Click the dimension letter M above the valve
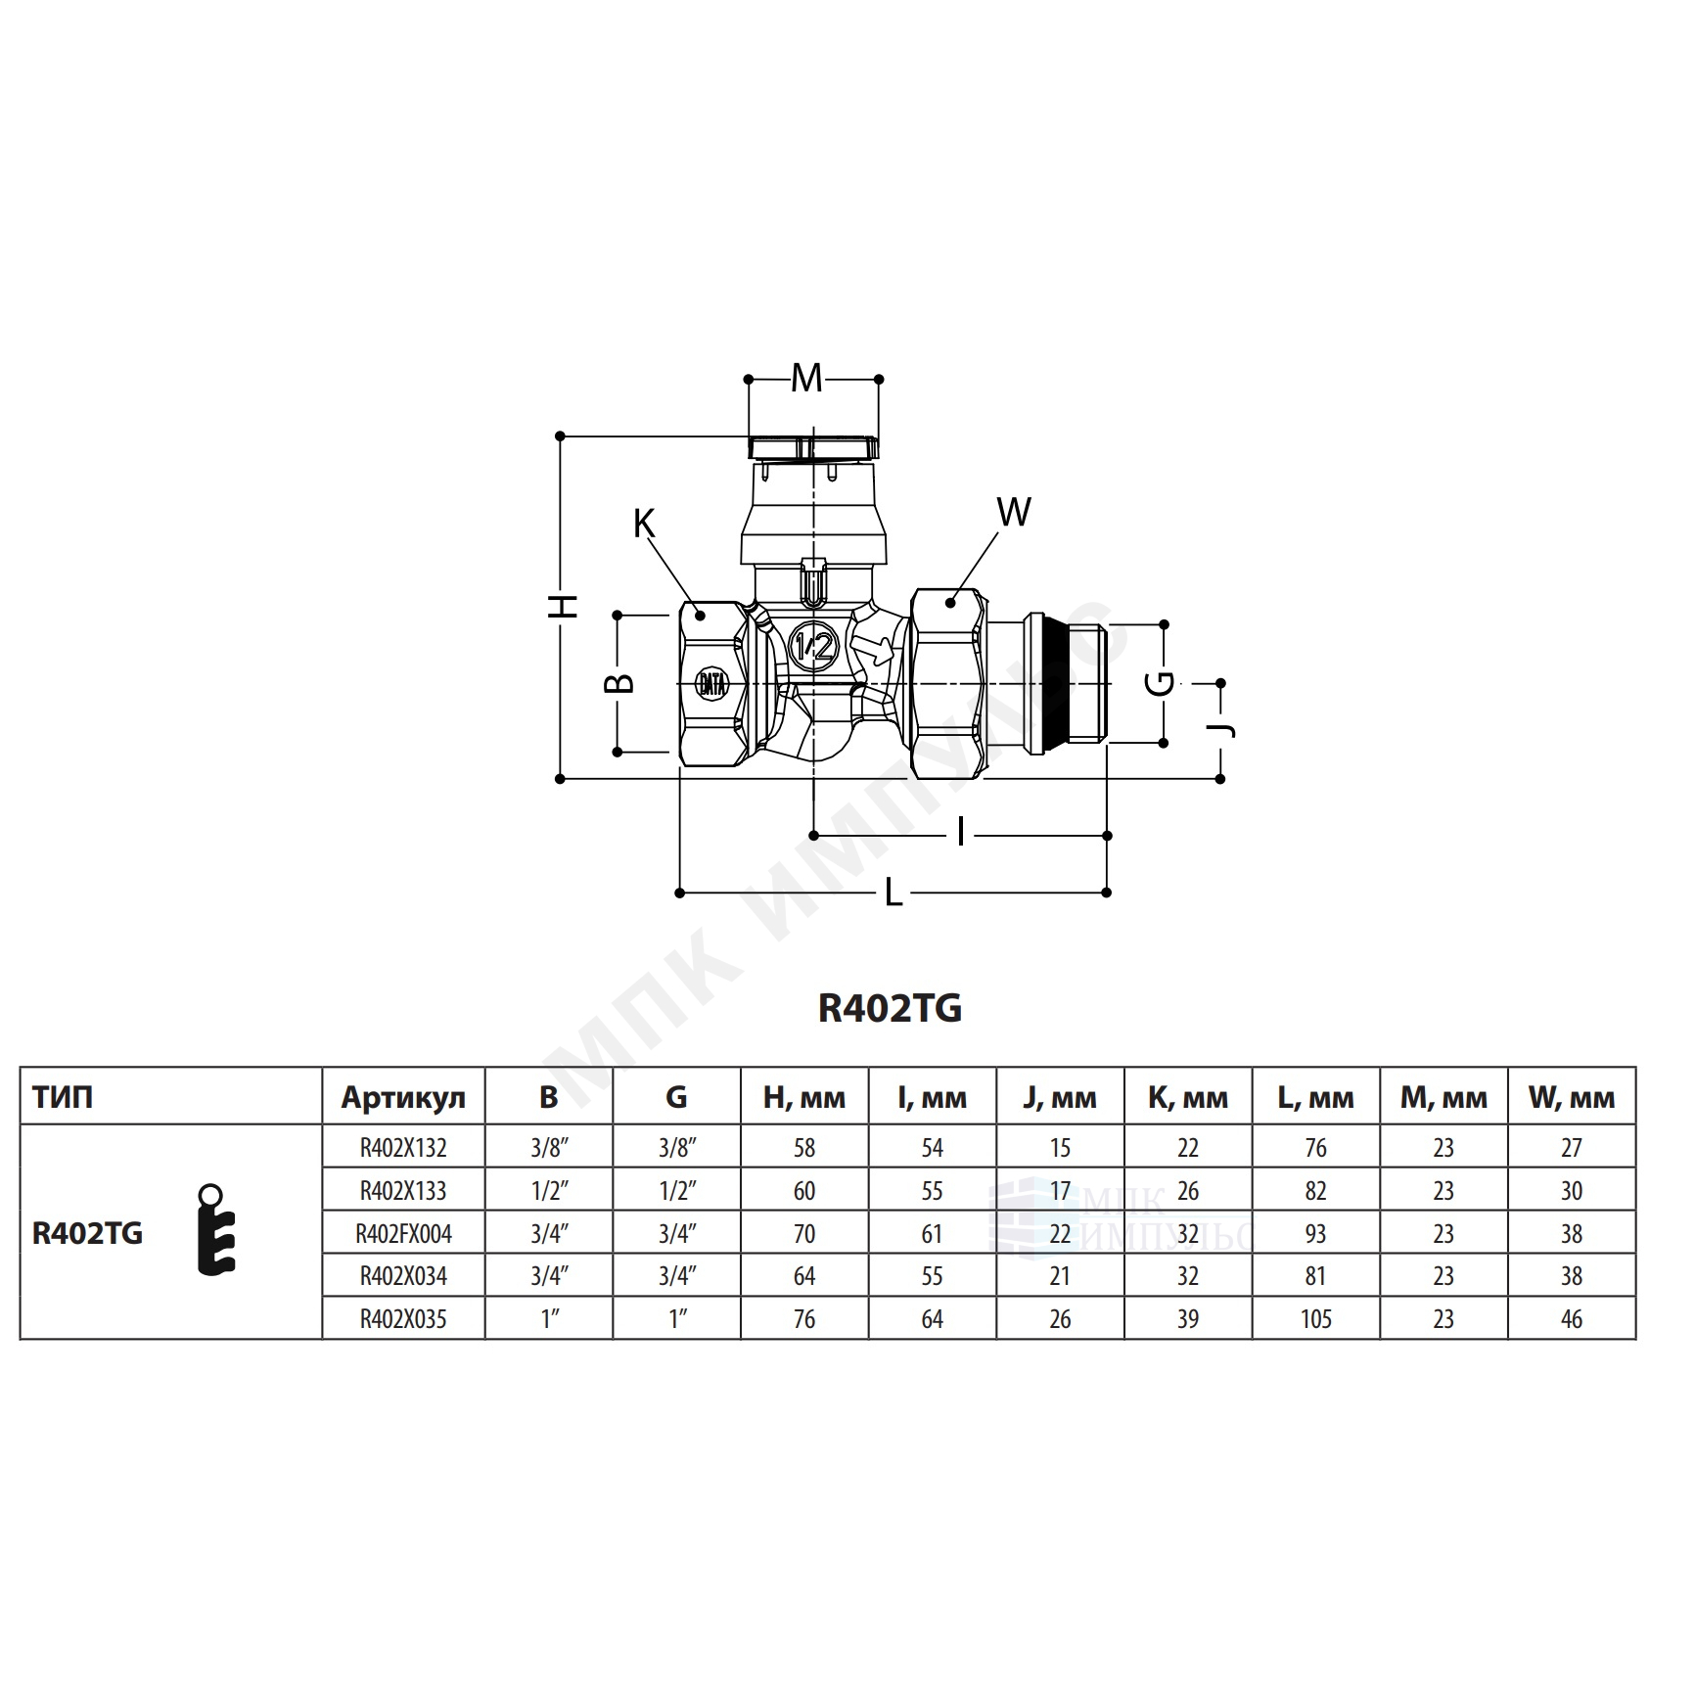[x=806, y=378]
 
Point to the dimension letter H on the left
[x=563, y=606]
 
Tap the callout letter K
[x=643, y=525]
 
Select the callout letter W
[x=1014, y=512]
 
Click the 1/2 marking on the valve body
[x=814, y=646]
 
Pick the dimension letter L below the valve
[x=893, y=893]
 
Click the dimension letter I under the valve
[x=961, y=834]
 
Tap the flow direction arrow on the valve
[x=873, y=649]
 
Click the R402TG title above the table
[x=890, y=1008]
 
